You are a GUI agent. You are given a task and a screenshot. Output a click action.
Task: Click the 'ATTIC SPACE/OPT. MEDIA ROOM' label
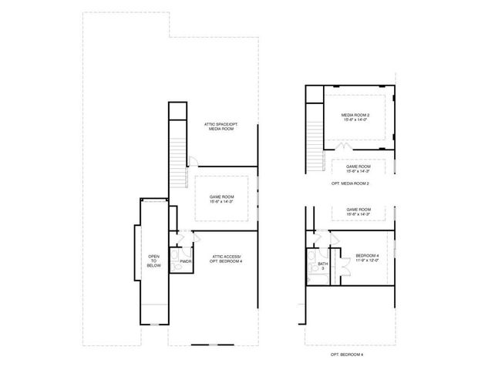click(x=219, y=126)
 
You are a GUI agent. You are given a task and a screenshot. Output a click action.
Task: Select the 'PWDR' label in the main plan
click(x=184, y=262)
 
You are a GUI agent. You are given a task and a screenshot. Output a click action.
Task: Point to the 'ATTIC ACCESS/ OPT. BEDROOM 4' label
click(x=226, y=259)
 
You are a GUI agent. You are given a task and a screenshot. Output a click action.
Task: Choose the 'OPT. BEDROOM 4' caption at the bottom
click(x=346, y=354)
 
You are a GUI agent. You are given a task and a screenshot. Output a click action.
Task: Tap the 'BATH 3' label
click(x=323, y=266)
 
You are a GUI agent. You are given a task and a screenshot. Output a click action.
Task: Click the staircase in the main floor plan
click(x=178, y=154)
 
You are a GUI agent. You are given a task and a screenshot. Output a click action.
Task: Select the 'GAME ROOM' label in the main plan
click(x=221, y=197)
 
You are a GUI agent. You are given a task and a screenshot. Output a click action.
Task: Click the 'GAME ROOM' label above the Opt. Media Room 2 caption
click(x=358, y=166)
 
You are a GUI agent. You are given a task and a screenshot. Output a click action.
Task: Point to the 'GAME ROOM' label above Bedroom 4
click(x=358, y=210)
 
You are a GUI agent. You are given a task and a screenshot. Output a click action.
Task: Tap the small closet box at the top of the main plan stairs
click(x=178, y=110)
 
